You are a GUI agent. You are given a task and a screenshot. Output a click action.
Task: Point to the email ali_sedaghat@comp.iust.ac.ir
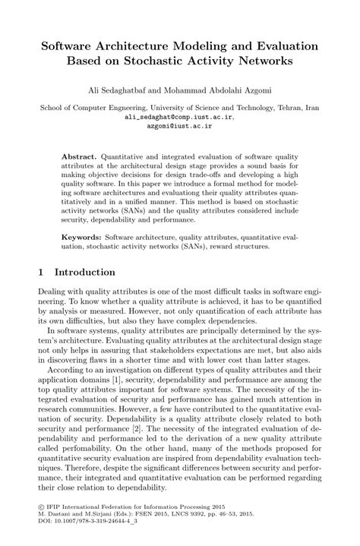tap(179, 118)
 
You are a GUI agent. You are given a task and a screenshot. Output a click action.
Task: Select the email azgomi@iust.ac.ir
tap(179, 128)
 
